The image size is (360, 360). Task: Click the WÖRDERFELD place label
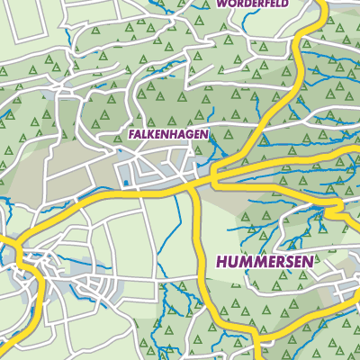255,4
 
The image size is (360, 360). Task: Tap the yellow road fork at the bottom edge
256,346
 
